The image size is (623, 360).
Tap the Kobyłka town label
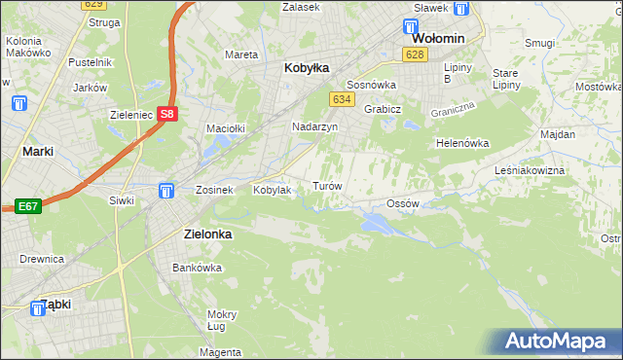click(x=307, y=69)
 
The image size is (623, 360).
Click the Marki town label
click(x=37, y=152)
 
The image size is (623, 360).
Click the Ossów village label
click(x=402, y=203)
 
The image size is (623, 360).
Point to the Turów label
click(x=325, y=185)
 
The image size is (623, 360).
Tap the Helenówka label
click(x=461, y=143)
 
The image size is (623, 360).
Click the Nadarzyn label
click(x=314, y=127)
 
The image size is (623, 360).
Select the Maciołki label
click(x=224, y=128)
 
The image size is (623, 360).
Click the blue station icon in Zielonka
click(x=166, y=190)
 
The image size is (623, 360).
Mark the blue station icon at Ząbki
click(x=38, y=308)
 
